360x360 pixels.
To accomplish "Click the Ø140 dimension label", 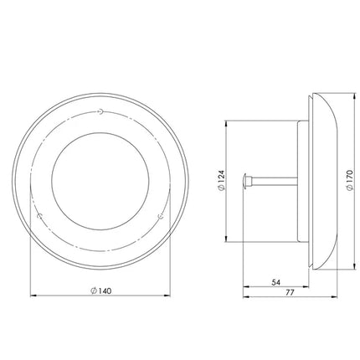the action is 100,291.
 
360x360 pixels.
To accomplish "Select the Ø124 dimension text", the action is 220,180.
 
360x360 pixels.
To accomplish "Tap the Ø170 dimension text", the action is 349,180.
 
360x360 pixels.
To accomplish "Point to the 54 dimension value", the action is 275,282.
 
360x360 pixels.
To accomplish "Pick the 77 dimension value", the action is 291,293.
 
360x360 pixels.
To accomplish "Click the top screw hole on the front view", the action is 100,111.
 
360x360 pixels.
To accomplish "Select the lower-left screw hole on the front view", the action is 40,216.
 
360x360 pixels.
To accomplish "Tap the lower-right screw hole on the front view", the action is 161,216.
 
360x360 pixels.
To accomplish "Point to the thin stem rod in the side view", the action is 274,181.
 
